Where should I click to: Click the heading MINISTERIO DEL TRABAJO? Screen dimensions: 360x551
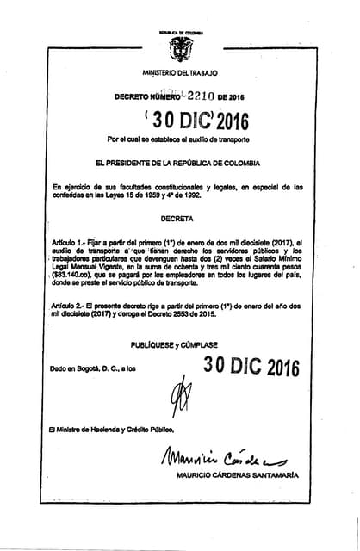pyautogui.click(x=180, y=74)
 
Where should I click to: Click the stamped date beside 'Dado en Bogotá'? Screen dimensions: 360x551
pyautogui.click(x=251, y=368)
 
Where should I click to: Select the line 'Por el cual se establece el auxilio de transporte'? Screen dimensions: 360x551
pyautogui.click(x=178, y=139)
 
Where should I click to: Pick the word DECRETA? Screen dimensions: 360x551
pyautogui.click(x=177, y=219)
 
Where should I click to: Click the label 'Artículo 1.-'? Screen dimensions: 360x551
pyautogui.click(x=71, y=244)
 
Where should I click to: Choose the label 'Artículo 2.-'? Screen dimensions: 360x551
pyautogui.click(x=71, y=307)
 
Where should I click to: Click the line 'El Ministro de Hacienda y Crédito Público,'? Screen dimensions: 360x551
pyautogui.click(x=112, y=429)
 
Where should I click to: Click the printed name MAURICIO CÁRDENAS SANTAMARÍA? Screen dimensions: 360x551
pyautogui.click(x=237, y=475)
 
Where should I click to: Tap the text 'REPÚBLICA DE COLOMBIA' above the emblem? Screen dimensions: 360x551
pyautogui.click(x=179, y=32)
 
